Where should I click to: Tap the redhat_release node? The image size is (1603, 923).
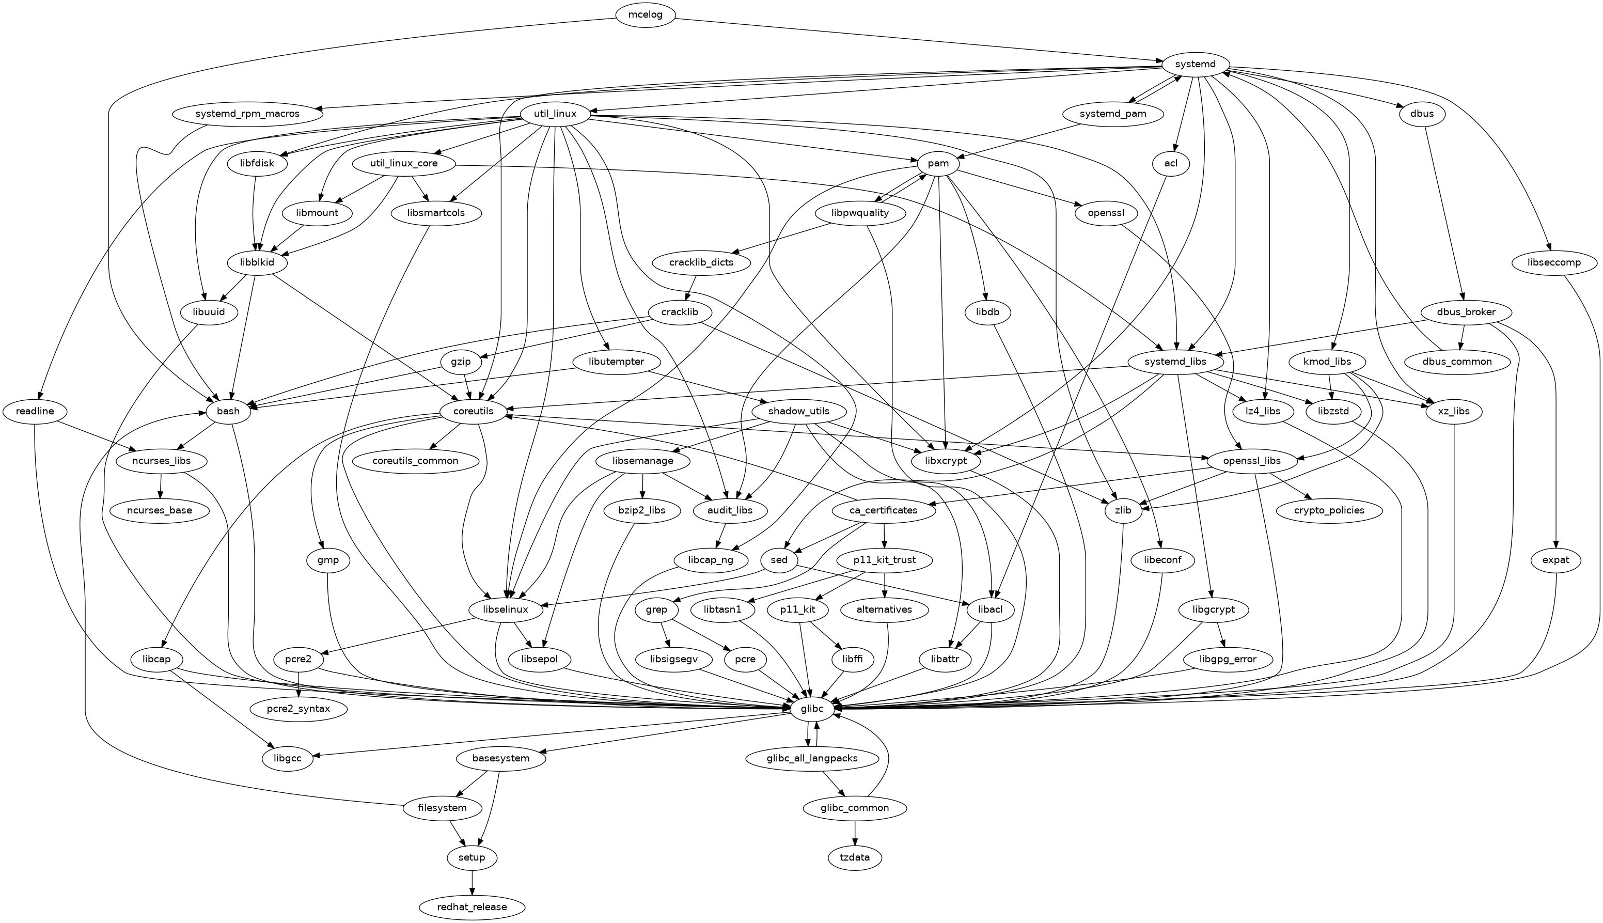pyautogui.click(x=472, y=907)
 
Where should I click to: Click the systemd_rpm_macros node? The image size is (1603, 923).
pyautogui.click(x=245, y=114)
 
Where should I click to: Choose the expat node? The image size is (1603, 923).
pyautogui.click(x=1556, y=560)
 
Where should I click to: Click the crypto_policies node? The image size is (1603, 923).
pyautogui.click(x=1329, y=510)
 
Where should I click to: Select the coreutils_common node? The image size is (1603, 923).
pyautogui.click(x=415, y=461)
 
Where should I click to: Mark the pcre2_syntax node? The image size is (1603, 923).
pyautogui.click(x=298, y=708)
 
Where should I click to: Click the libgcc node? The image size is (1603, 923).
pyautogui.click(x=288, y=758)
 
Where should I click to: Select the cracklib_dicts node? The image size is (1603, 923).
pyautogui.click(x=701, y=262)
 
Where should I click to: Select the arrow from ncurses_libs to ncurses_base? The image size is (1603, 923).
pyautogui.click(x=161, y=486)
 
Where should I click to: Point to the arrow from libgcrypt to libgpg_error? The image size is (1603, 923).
pyautogui.click(x=1216, y=635)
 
